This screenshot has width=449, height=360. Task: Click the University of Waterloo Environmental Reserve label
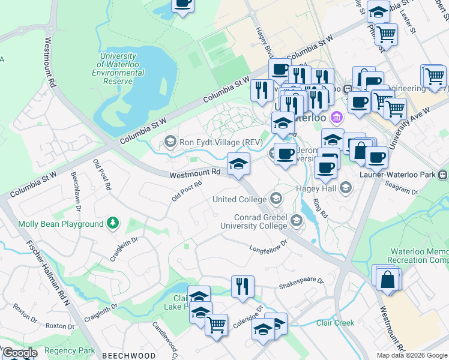click(118, 68)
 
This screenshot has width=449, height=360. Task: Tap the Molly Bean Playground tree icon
click(112, 224)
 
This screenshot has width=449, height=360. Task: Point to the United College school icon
click(276, 198)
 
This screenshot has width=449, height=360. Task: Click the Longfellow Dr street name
click(268, 246)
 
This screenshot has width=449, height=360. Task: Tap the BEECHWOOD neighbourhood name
click(128, 355)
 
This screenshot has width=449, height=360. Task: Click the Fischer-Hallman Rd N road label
click(49, 273)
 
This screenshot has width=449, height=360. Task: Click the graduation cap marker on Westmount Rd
click(238, 163)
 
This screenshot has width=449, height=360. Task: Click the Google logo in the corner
click(19, 353)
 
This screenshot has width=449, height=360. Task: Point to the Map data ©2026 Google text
click(412, 355)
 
